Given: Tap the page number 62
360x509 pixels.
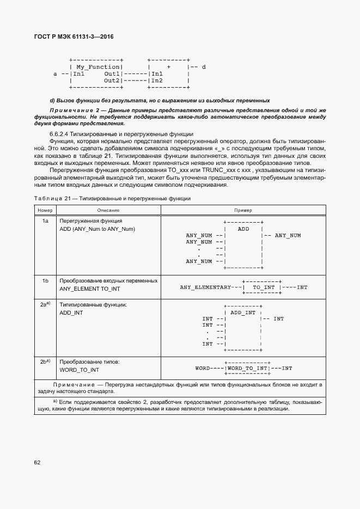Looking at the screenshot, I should point(37,463).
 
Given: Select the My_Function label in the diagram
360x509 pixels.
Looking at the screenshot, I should point(97,67).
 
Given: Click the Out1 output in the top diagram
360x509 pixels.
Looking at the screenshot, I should point(112,73).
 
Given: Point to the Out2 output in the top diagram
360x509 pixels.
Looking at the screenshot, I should point(112,80).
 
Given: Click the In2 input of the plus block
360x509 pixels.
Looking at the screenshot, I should point(157,80).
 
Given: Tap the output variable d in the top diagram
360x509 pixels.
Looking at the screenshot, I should point(203,67).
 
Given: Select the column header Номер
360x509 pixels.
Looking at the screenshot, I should point(45,210).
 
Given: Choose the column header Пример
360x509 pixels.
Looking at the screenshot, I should point(243,210).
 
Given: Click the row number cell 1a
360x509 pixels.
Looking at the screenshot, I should point(46,221).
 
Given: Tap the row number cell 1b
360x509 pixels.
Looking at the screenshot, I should point(46,280).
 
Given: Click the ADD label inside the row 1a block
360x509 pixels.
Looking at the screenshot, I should point(243,229).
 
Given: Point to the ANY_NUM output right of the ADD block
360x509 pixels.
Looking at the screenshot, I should point(288,235).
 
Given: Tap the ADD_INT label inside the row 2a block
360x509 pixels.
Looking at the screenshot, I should point(243,312).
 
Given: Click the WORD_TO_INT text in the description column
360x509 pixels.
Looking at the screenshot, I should point(79,370).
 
